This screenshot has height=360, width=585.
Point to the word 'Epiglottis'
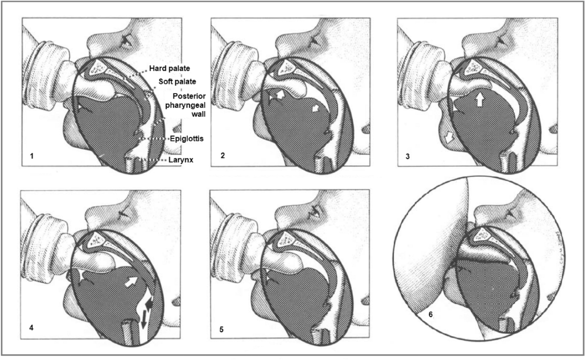pos(186,139)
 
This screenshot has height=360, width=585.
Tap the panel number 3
pos(409,157)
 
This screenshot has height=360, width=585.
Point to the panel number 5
pos(221,330)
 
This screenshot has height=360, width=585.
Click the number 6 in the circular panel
pos(430,314)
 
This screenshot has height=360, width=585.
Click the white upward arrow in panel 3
pos(479,100)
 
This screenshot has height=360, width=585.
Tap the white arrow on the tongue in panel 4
pos(131,281)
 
